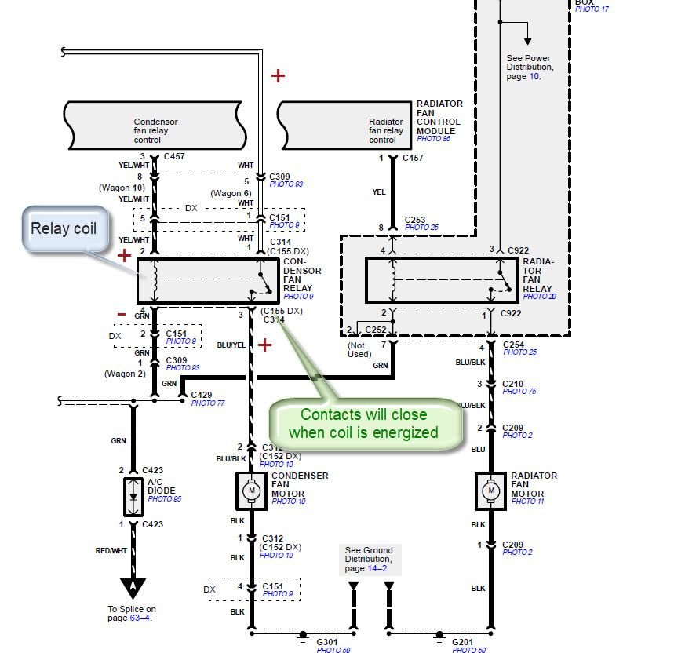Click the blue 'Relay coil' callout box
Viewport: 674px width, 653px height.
point(64,230)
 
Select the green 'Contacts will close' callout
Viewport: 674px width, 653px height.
point(363,424)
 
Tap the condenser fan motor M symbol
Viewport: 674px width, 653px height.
point(252,491)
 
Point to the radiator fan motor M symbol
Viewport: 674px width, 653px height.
point(491,491)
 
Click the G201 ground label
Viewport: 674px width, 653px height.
point(463,641)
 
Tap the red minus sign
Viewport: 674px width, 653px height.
point(122,314)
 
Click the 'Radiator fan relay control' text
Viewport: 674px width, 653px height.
point(386,131)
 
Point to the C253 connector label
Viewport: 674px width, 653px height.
point(416,220)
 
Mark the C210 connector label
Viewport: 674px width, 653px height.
point(515,384)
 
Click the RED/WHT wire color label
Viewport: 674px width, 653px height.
point(111,551)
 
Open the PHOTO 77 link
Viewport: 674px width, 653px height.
point(208,403)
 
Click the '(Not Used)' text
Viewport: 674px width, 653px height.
point(360,349)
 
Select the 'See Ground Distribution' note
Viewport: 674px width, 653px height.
point(368,559)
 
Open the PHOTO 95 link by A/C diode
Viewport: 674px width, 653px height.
point(164,498)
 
